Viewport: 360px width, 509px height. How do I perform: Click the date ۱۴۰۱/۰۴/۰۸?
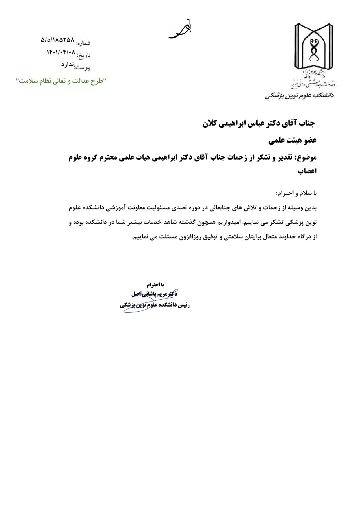[x=61, y=52]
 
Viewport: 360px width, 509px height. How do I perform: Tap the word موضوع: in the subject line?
[x=307, y=157]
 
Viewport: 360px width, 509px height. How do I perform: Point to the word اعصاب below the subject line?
[x=307, y=171]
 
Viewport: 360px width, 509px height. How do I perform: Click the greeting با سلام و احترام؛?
[x=296, y=193]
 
